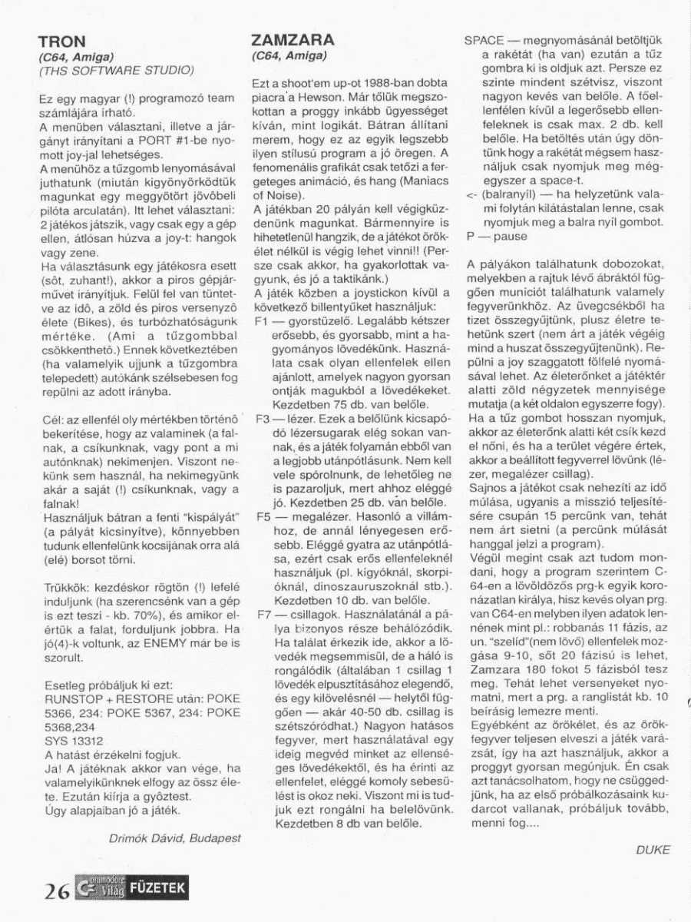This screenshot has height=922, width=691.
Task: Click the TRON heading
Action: point(62,41)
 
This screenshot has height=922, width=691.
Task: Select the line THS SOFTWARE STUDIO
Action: point(116,71)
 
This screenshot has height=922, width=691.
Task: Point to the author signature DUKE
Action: point(653,849)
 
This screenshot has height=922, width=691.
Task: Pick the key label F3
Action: point(260,420)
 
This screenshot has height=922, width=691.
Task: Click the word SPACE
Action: point(484,41)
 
